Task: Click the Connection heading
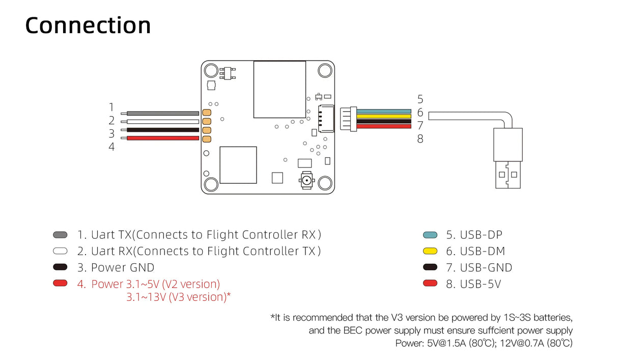click(88, 25)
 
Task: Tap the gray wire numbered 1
click(162, 113)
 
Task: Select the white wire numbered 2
click(162, 122)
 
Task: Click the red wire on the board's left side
click(162, 139)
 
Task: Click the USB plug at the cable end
click(508, 158)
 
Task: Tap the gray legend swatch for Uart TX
click(60, 235)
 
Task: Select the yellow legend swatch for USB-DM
click(430, 251)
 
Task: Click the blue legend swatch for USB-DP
click(430, 235)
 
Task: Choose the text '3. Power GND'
click(116, 267)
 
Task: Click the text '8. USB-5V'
click(473, 284)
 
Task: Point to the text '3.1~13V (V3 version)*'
click(179, 297)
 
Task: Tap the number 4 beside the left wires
click(111, 147)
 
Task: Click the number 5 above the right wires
click(420, 99)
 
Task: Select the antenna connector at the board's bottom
click(306, 180)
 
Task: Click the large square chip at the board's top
click(279, 90)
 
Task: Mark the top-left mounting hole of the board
click(211, 70)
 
